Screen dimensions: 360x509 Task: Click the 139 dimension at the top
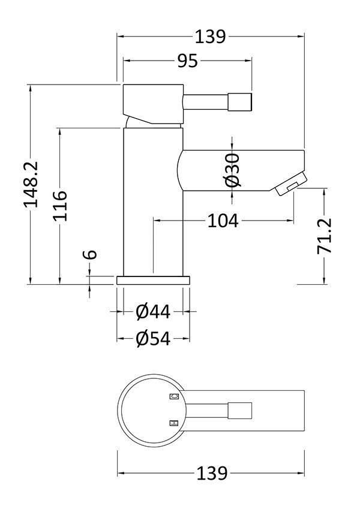(x=210, y=37)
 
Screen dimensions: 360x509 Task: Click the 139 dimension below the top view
(x=212, y=473)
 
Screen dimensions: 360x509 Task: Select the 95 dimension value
(x=187, y=61)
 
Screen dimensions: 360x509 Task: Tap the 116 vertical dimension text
(x=61, y=206)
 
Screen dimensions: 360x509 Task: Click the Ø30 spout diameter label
(x=233, y=170)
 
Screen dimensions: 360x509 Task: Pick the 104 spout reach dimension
(x=223, y=221)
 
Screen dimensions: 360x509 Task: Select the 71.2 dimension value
(x=325, y=236)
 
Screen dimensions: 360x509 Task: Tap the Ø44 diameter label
(x=153, y=312)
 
